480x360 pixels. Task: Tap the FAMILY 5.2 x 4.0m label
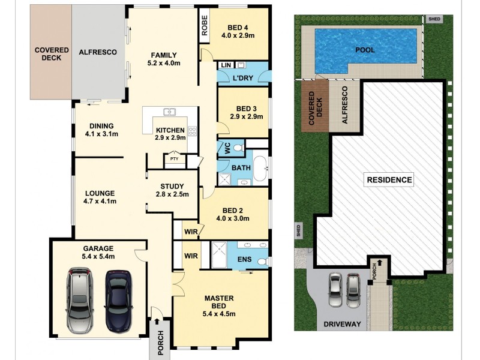tap(164, 58)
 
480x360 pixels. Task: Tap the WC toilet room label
tap(227, 148)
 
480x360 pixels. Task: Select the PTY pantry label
tap(174, 159)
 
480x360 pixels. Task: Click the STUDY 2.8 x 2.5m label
tap(172, 190)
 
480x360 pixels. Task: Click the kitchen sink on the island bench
tap(170, 112)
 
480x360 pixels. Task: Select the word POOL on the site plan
tap(365, 50)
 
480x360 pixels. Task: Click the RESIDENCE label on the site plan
tap(389, 179)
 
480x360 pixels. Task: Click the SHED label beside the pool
tap(434, 19)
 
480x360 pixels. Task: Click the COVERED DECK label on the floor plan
tap(52, 53)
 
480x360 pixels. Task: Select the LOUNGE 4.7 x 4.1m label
tap(100, 197)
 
